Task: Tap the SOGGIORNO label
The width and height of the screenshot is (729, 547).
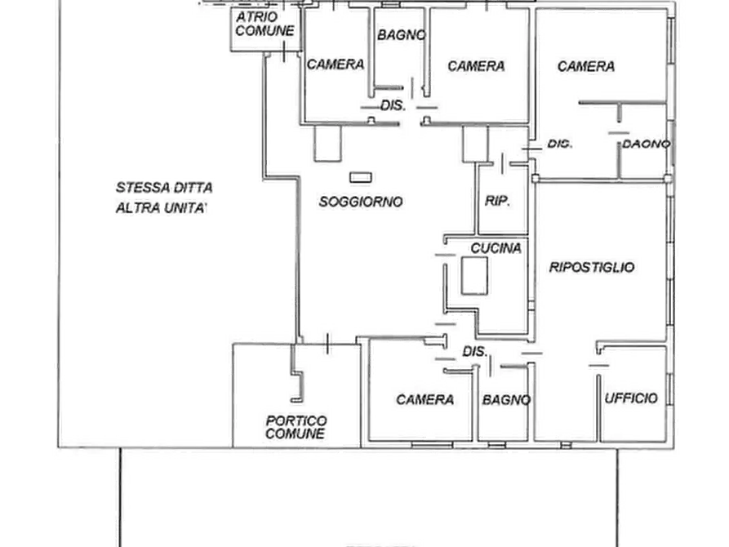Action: coord(362,202)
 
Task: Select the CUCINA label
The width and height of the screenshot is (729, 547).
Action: coord(496,247)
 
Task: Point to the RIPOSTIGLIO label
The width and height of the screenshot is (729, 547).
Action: coord(592,267)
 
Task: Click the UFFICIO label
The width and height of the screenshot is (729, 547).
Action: coord(630,398)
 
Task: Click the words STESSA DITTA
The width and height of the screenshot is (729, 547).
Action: coord(165,188)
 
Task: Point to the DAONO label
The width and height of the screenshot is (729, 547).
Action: coord(647,144)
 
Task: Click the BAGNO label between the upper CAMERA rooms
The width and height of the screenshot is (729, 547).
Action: coord(401,35)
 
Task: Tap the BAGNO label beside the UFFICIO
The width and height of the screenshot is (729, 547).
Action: coord(506,400)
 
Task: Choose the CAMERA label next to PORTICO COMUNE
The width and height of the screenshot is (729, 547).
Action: coord(425,399)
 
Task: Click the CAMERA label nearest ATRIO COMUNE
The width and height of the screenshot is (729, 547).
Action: coord(335,64)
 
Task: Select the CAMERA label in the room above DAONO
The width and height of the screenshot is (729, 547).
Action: coord(585,66)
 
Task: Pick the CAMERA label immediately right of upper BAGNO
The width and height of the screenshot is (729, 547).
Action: coord(476,66)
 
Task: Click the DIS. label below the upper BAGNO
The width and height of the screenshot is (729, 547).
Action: coord(393,106)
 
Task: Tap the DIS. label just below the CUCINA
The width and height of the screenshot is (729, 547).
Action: coord(475,351)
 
